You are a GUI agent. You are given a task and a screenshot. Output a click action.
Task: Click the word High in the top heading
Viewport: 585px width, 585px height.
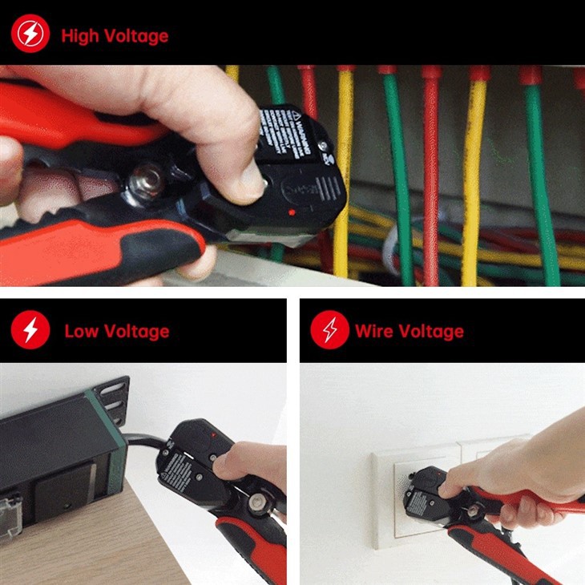point(79,36)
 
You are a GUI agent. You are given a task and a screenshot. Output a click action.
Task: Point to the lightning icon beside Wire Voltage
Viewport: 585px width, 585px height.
point(329,330)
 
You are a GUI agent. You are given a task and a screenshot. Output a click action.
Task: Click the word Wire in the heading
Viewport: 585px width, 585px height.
point(375,331)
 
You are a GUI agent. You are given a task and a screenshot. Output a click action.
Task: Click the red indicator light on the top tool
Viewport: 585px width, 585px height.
point(291,212)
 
